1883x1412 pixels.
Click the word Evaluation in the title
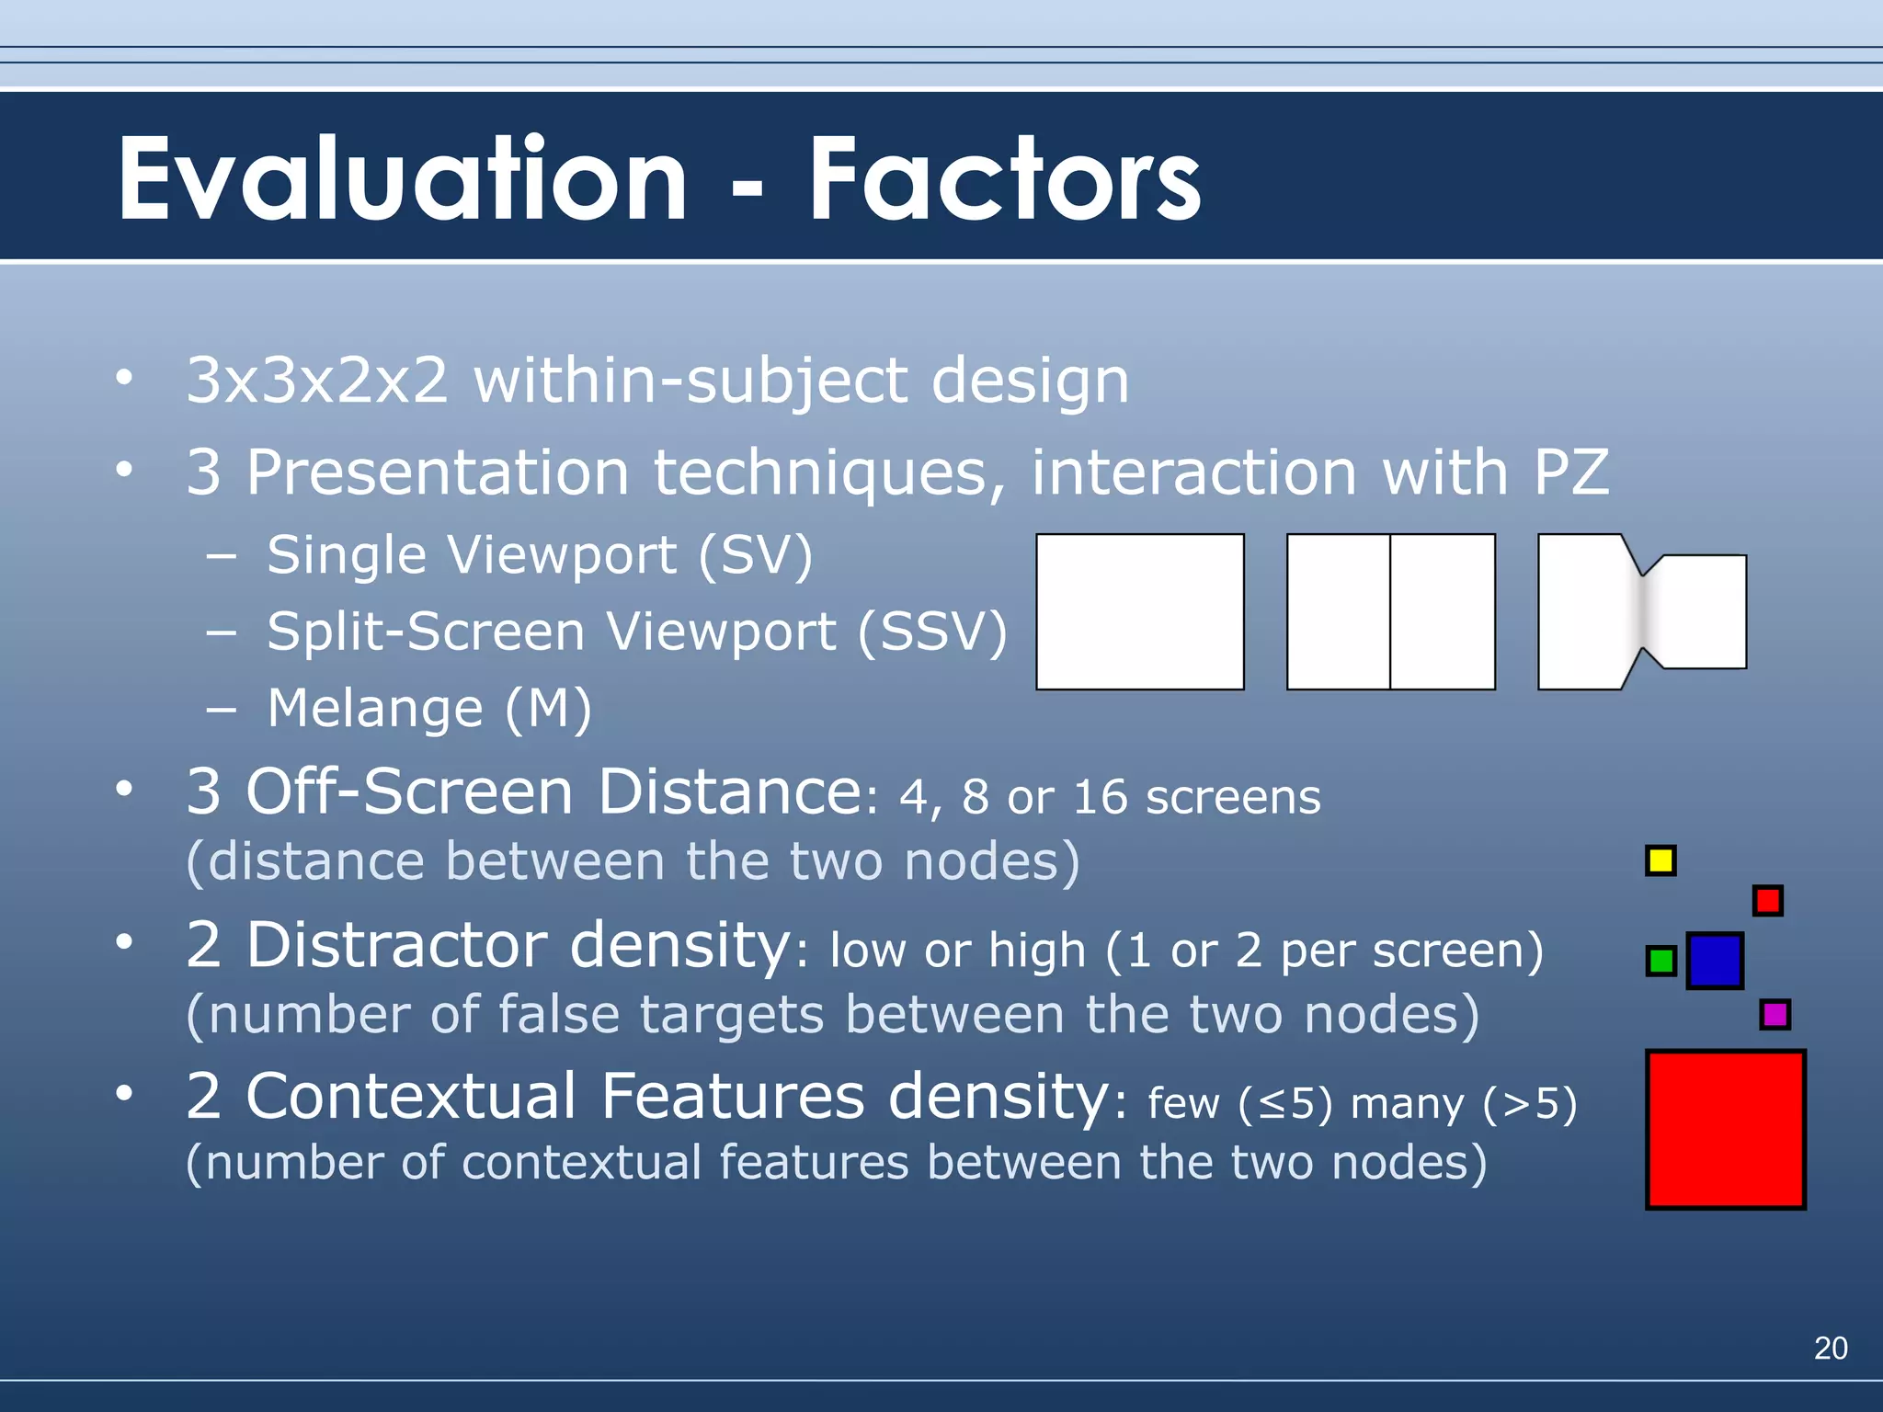coord(402,179)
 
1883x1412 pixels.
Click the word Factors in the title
coord(1004,179)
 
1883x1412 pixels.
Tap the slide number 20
coord(1830,1348)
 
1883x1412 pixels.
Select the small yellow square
coord(1660,860)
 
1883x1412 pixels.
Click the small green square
coord(1660,962)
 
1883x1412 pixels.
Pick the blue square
coord(1715,961)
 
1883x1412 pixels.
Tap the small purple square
coord(1775,1015)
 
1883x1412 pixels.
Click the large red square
coord(1725,1129)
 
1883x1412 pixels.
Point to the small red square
coord(1767,900)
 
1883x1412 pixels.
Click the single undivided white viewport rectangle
coord(1140,611)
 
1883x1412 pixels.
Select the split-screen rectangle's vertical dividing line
coord(1390,611)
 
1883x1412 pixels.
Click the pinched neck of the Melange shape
coord(1642,611)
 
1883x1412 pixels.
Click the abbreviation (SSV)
coord(932,632)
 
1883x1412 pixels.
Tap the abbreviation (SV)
coord(756,556)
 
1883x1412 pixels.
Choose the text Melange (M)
coord(429,709)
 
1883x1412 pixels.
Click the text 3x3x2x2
coord(317,381)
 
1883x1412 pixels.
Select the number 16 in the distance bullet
coord(1099,796)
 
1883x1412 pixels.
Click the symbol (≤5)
coord(1285,1102)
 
